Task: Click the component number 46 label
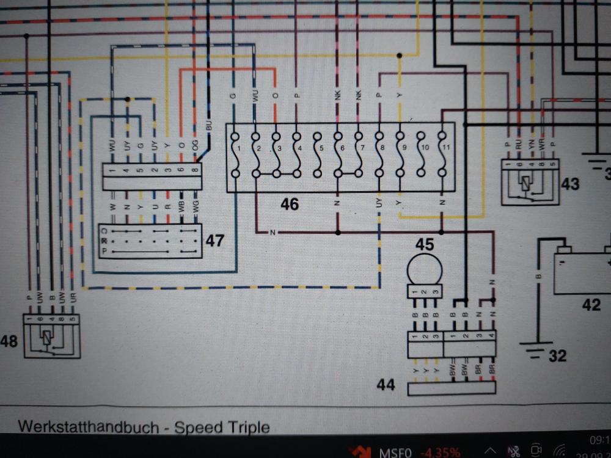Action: coord(290,204)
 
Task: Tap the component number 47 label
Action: coord(214,241)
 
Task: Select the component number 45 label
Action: coord(425,244)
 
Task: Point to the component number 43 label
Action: coord(571,183)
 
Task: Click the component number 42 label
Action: coord(591,304)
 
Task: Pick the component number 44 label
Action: coord(386,385)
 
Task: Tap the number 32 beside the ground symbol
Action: coord(557,355)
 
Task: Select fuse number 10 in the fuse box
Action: coord(422,156)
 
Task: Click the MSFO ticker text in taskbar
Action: coord(396,453)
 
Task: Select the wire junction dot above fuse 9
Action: coord(400,56)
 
